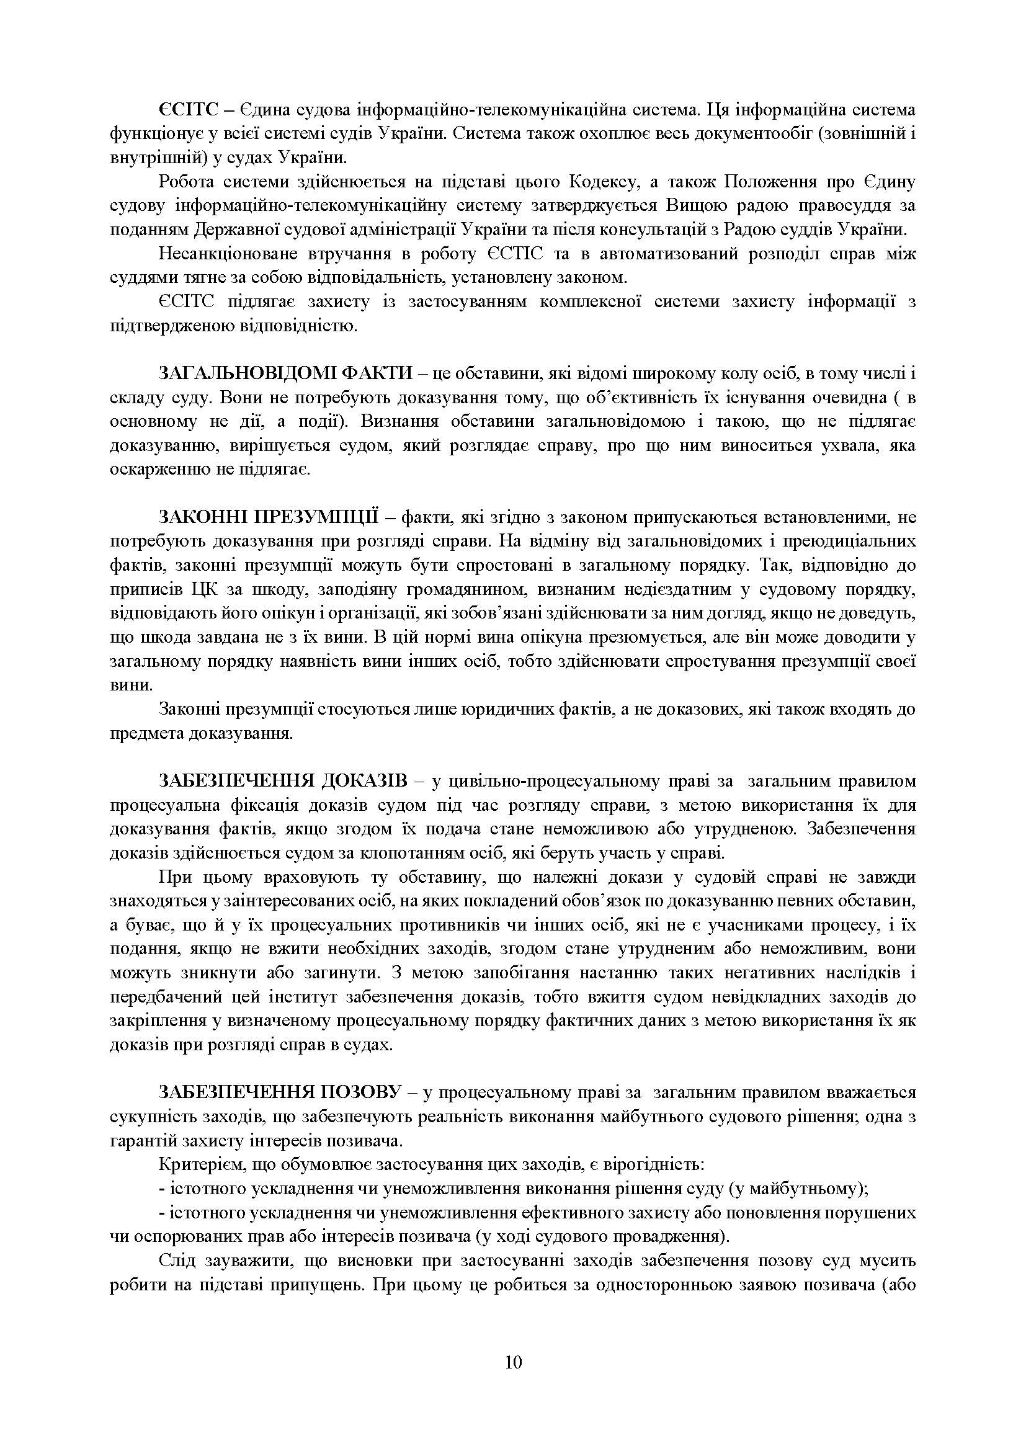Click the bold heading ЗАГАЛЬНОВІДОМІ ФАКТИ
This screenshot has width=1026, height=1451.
point(285,373)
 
